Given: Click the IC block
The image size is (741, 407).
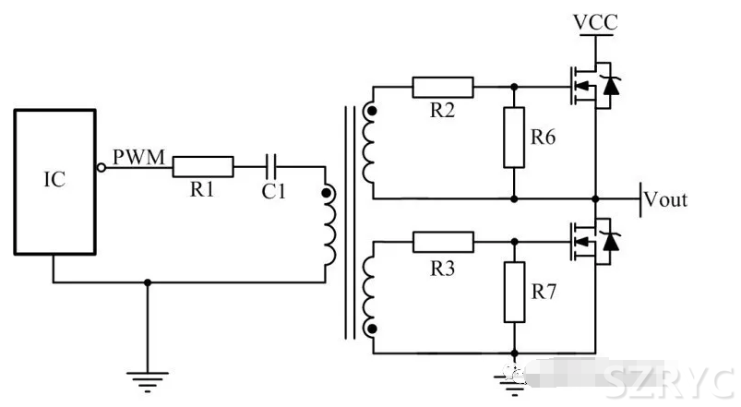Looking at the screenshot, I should point(54,181).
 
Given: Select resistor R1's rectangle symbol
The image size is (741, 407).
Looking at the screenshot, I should point(203,167).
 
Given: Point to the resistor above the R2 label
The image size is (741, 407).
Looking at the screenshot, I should point(443,88).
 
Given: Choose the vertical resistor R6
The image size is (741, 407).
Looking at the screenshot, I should point(514,138).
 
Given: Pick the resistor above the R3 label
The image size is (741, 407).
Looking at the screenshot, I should point(443,243).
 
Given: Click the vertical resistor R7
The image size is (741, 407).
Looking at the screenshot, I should point(514,294).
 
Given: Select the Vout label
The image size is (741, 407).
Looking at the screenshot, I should point(664,199).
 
